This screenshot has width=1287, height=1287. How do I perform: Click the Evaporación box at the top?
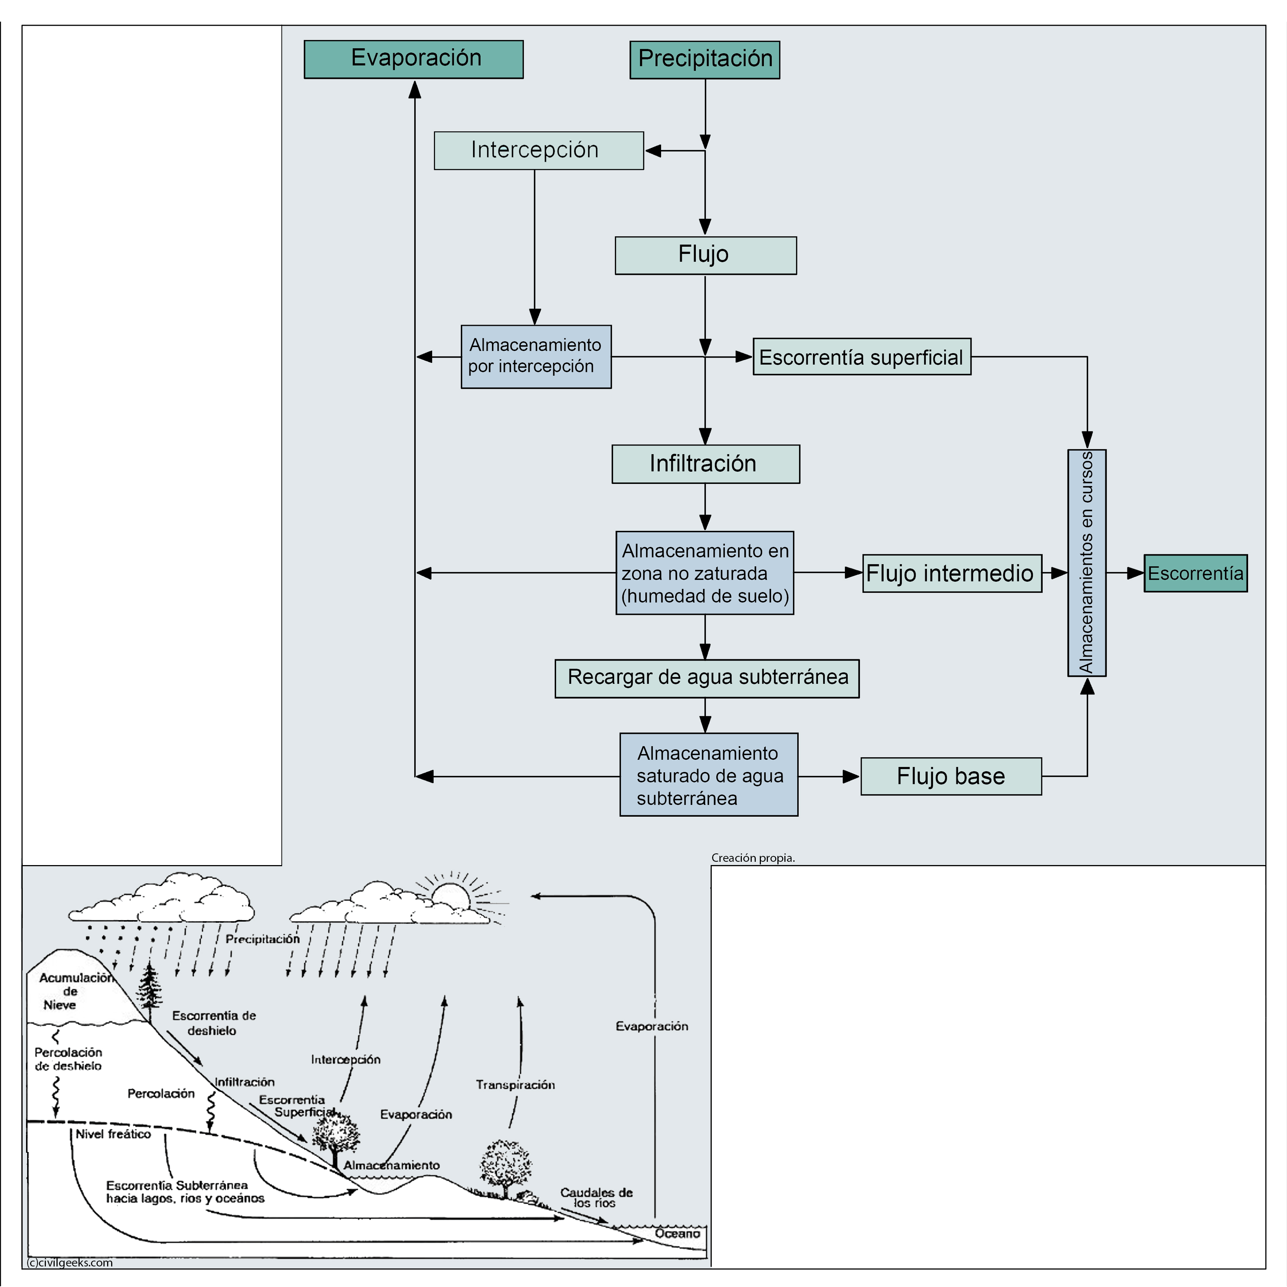pos(414,59)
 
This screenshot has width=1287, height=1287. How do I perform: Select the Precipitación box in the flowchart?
pos(705,60)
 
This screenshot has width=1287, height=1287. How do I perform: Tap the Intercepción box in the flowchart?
pos(538,150)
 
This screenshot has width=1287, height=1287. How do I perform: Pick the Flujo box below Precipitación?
pos(706,255)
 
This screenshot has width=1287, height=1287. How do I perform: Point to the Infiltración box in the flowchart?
pos(706,464)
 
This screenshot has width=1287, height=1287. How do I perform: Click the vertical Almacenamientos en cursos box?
pos(1086,563)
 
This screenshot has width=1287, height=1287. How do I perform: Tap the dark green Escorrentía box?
pos(1195,573)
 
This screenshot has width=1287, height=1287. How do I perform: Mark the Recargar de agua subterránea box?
pos(707,678)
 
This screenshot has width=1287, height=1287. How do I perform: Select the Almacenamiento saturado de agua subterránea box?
pos(709,775)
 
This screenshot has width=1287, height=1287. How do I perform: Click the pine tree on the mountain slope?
pos(149,989)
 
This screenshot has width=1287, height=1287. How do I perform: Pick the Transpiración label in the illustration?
pos(515,1084)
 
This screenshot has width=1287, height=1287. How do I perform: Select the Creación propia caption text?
pos(753,858)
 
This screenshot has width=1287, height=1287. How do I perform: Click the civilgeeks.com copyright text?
pos(70,1262)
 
